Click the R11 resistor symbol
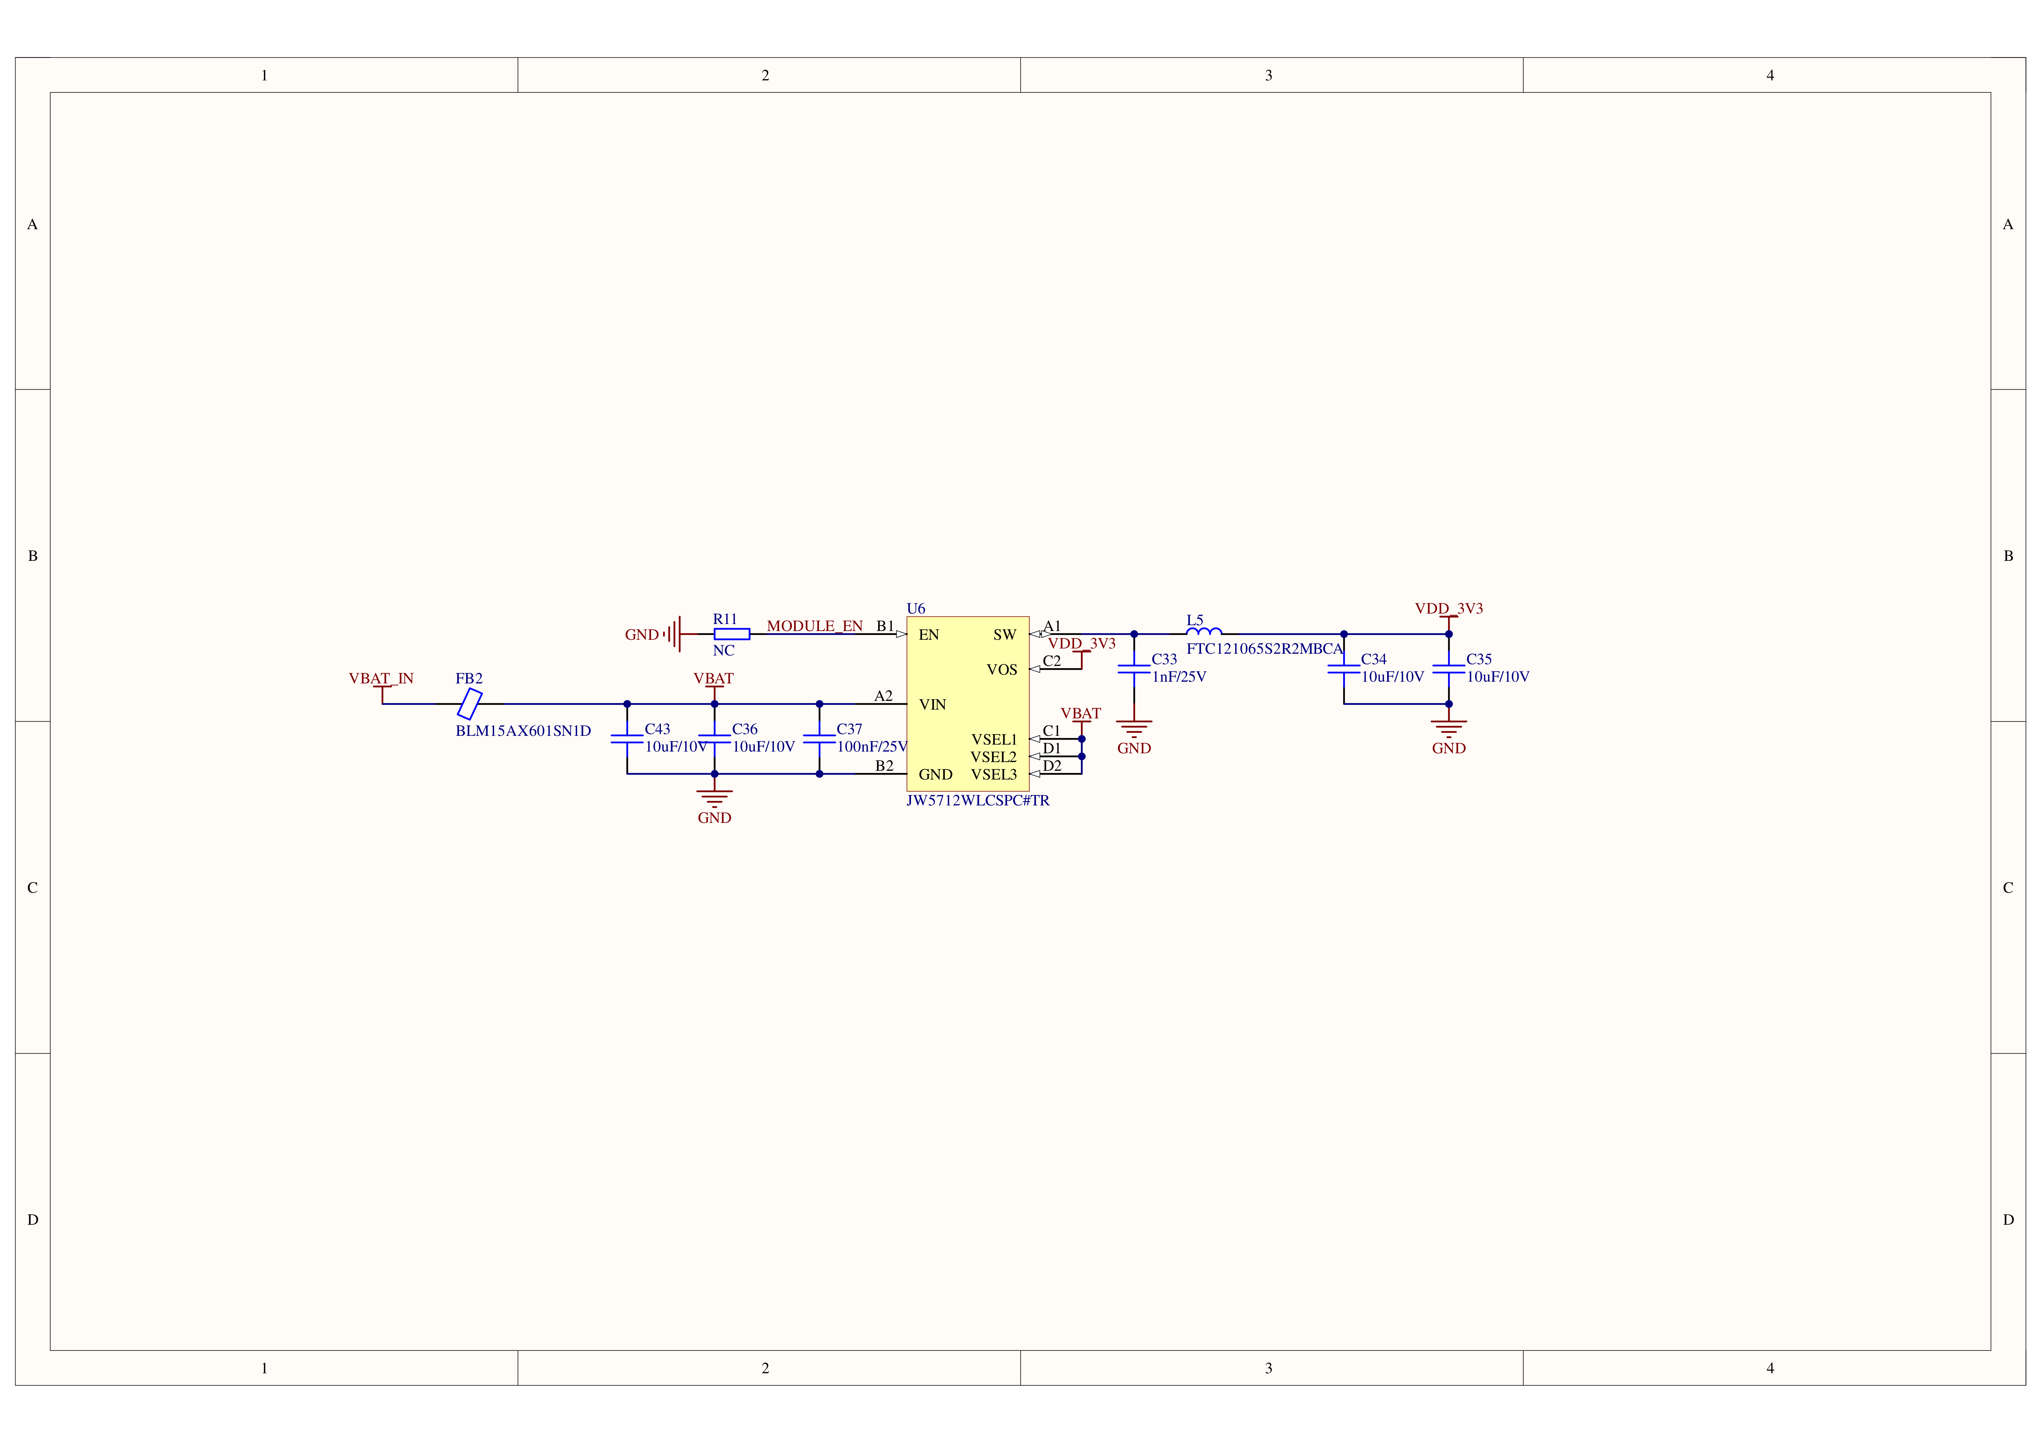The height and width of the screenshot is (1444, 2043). point(731,634)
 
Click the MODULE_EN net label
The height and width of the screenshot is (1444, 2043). point(814,625)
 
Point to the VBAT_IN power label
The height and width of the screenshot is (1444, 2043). point(381,678)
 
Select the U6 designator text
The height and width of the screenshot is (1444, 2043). point(916,609)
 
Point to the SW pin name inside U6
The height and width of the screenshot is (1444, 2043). point(1004,634)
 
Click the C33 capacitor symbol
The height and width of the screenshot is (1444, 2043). point(1134,669)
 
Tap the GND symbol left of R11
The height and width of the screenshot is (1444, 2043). point(674,634)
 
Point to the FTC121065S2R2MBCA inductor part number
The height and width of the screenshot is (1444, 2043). point(1264,648)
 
